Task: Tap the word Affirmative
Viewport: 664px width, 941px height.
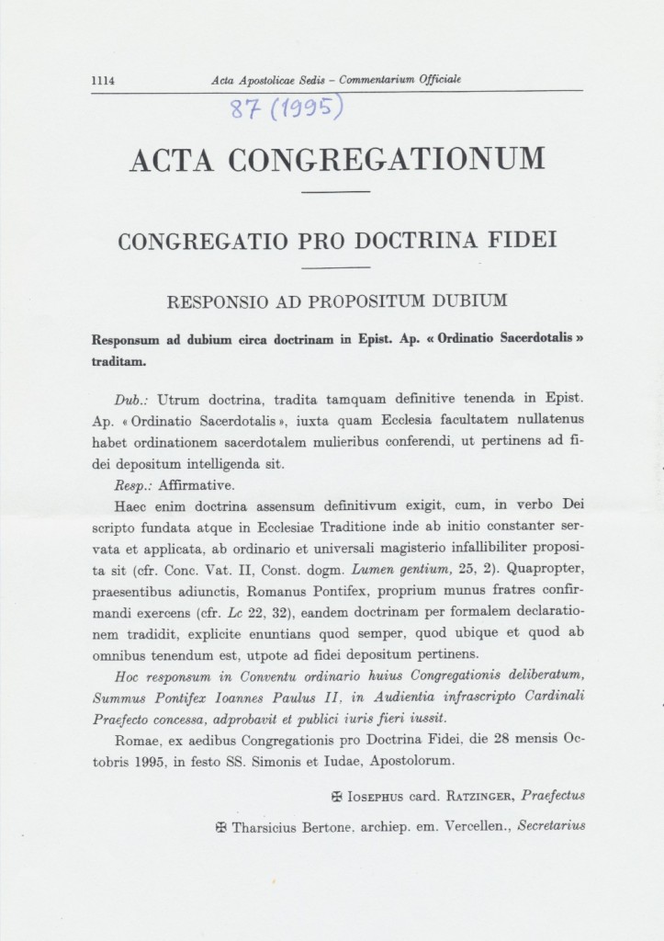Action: click(197, 484)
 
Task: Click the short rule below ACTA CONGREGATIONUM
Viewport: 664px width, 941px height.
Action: click(336, 191)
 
